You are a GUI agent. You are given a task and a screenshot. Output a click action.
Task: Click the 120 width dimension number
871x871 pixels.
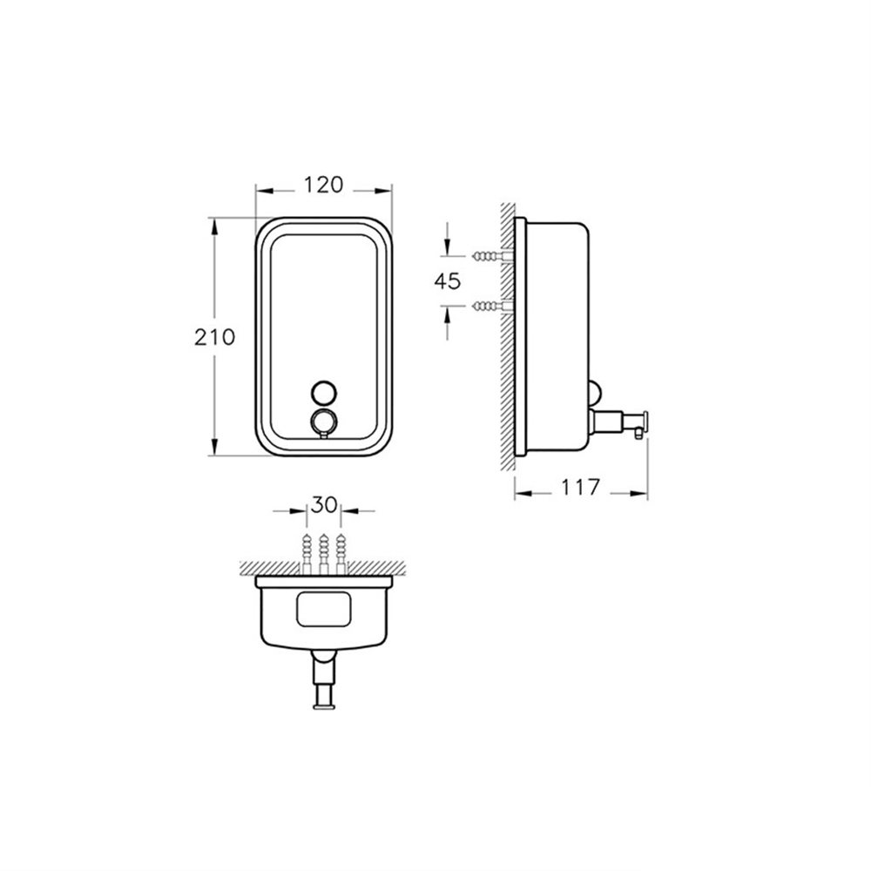[323, 185]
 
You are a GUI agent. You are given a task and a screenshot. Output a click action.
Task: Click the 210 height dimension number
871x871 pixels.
[215, 336]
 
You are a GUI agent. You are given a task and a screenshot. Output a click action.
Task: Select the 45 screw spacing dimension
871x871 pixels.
[448, 281]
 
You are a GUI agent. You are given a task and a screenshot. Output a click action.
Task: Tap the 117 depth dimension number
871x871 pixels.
[580, 487]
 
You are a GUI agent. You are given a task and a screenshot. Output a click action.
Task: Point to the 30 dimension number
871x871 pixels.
[324, 504]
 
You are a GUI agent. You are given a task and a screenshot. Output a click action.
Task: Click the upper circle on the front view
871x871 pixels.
[323, 392]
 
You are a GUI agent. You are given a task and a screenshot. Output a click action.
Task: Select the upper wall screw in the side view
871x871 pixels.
[493, 256]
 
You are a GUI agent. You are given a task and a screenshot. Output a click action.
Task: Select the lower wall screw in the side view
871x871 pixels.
[493, 306]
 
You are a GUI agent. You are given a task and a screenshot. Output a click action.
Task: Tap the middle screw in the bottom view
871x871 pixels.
[324, 553]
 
